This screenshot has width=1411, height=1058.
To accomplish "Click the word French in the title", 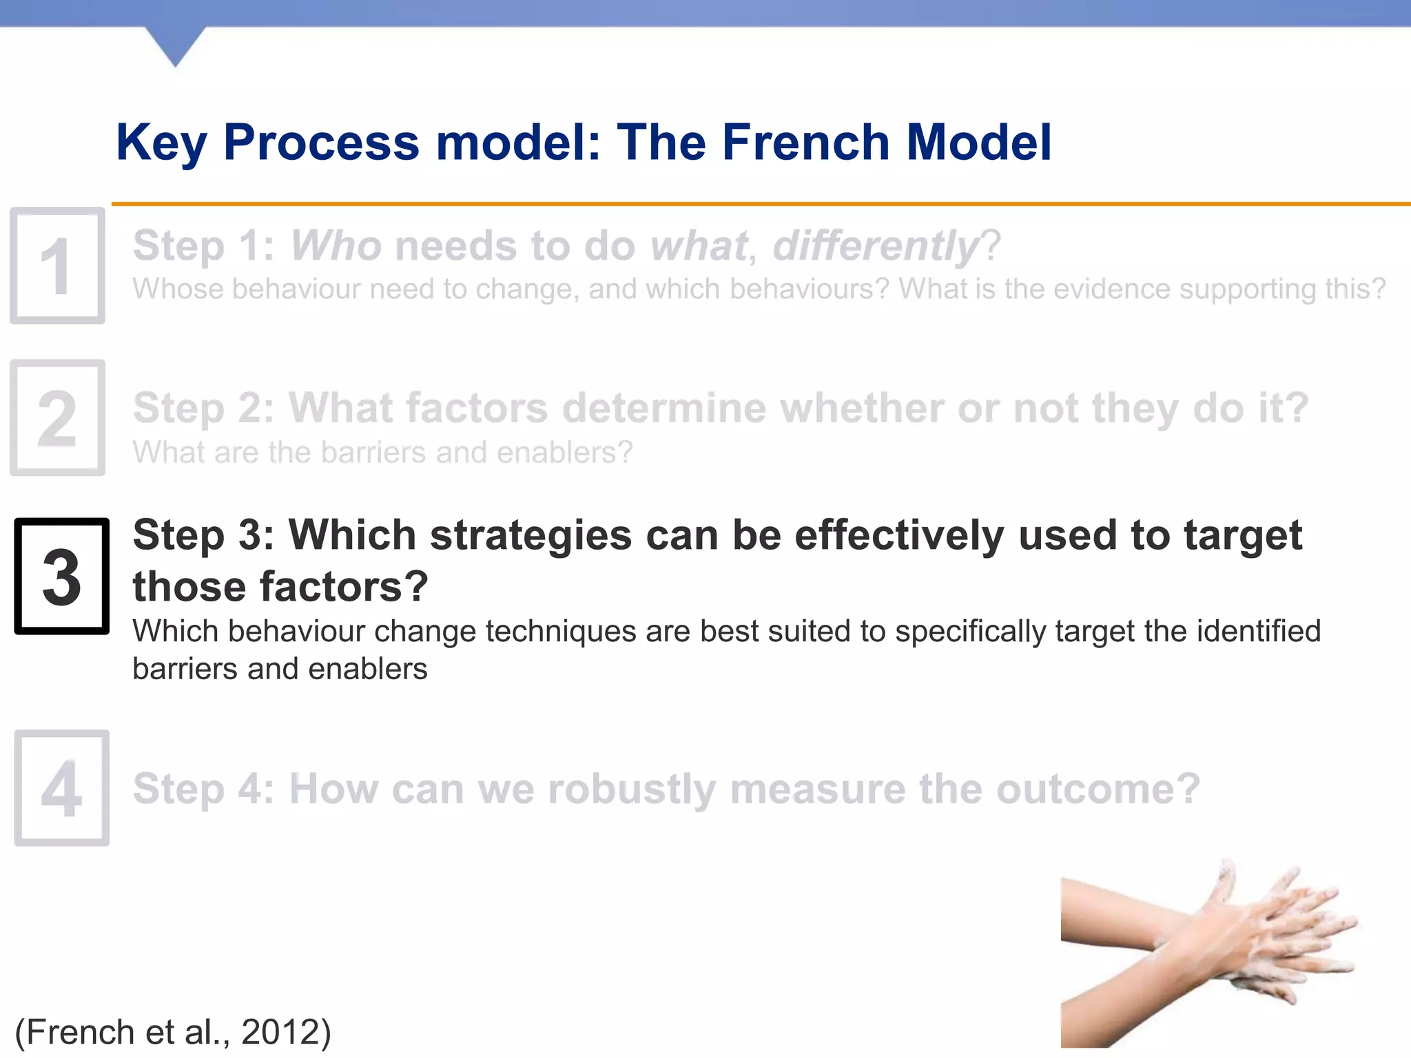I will click(805, 143).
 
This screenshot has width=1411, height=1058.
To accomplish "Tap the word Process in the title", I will click(321, 143).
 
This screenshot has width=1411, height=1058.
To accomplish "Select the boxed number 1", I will click(58, 266).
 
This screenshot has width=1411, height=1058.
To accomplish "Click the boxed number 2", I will click(58, 418).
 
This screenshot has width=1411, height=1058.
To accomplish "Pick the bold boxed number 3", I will click(62, 577).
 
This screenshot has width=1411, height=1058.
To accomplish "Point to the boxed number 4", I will click(62, 788).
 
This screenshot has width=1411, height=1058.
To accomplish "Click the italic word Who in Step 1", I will click(336, 246).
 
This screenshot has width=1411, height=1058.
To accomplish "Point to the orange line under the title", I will click(758, 204).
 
